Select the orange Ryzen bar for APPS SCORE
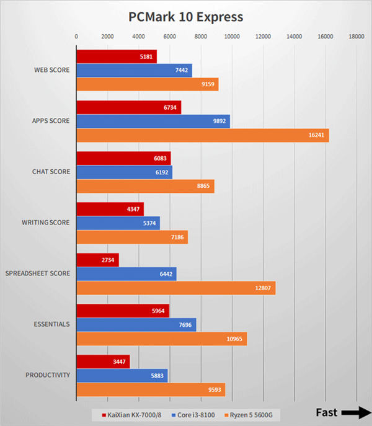(202, 135)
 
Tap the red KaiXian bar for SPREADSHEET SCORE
(97, 260)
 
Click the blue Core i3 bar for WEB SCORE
(134, 70)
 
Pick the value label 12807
(262, 288)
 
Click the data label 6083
(160, 158)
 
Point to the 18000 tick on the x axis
(356, 37)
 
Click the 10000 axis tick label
(232, 37)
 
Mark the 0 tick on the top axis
(76, 37)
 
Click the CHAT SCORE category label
(51, 172)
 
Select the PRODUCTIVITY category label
(48, 375)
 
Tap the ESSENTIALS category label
(51, 324)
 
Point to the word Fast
(327, 412)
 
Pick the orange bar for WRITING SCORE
(131, 237)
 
